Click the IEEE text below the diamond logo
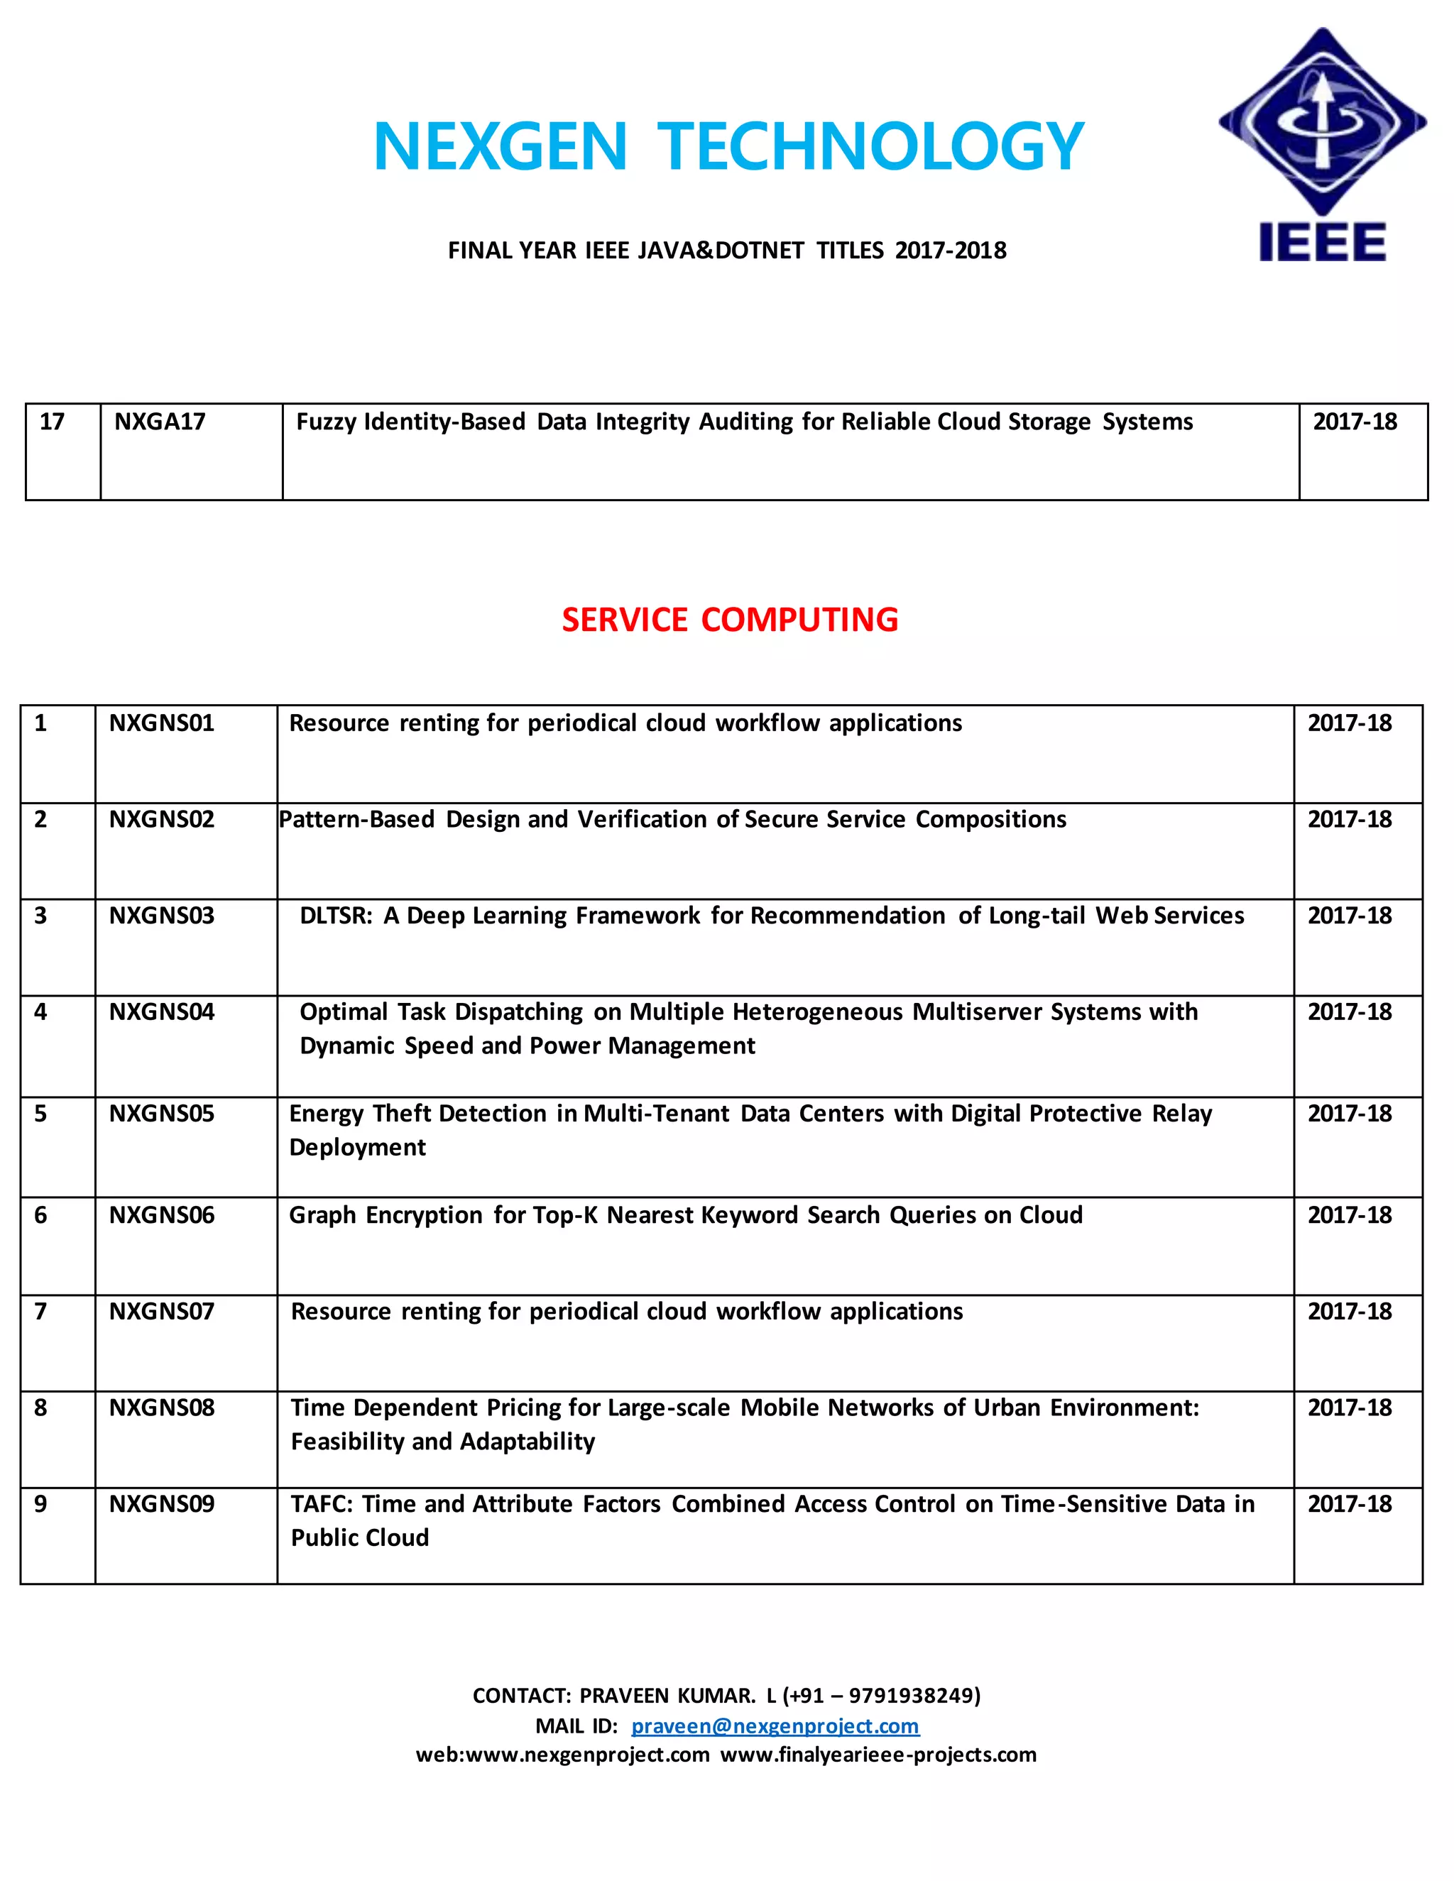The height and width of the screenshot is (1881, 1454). point(1322,242)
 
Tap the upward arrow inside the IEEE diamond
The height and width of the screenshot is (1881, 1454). point(1320,112)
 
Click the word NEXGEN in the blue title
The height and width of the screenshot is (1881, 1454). point(500,146)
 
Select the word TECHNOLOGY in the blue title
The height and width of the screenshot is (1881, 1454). point(871,146)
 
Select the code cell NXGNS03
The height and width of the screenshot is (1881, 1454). point(161,916)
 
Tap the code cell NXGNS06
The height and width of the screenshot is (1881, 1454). point(161,1215)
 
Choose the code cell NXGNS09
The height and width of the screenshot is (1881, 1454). point(161,1505)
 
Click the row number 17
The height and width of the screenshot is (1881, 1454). point(52,422)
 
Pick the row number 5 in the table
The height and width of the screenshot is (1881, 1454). point(40,1114)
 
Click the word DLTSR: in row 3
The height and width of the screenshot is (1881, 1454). point(336,916)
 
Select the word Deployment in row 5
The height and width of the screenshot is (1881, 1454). point(358,1148)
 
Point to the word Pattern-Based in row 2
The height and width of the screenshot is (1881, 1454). point(356,819)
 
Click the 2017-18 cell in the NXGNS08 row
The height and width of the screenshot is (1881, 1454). point(1349,1408)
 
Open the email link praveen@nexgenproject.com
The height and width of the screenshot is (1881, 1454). point(775,1726)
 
